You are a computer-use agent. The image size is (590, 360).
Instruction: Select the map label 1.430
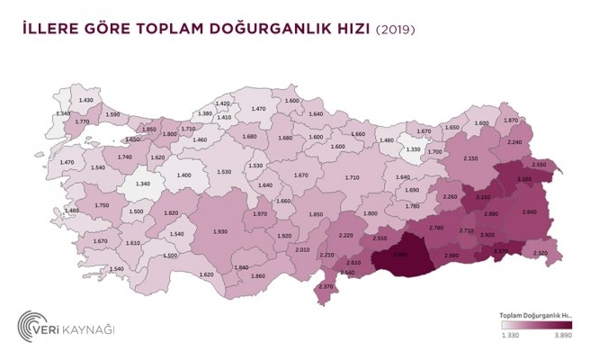[x=86, y=99]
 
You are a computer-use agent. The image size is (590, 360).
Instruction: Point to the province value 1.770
[x=83, y=121]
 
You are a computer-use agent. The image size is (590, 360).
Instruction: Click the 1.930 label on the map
[x=220, y=233]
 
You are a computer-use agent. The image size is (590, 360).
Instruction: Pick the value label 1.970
[x=260, y=214]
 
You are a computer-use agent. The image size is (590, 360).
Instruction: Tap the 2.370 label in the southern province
[x=326, y=288]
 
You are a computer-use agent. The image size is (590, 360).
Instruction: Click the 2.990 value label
[x=452, y=256]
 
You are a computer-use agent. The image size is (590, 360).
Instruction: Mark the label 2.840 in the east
[x=529, y=211]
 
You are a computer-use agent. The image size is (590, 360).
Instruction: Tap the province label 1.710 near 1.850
[x=188, y=129]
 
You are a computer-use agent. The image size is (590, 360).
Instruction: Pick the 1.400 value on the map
[x=184, y=175]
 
